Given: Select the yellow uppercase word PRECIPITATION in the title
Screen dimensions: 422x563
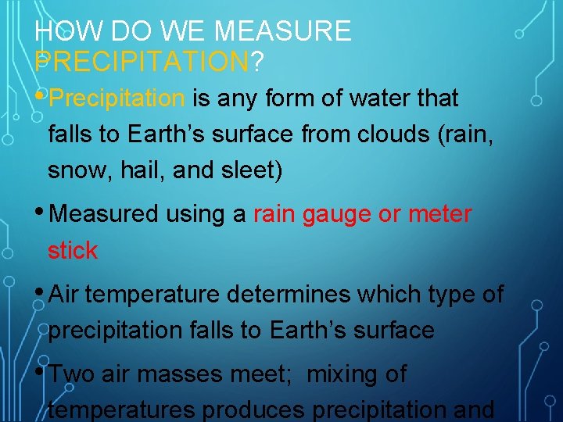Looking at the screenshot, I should (x=142, y=60).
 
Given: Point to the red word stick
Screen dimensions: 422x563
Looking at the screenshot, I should (x=72, y=250).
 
